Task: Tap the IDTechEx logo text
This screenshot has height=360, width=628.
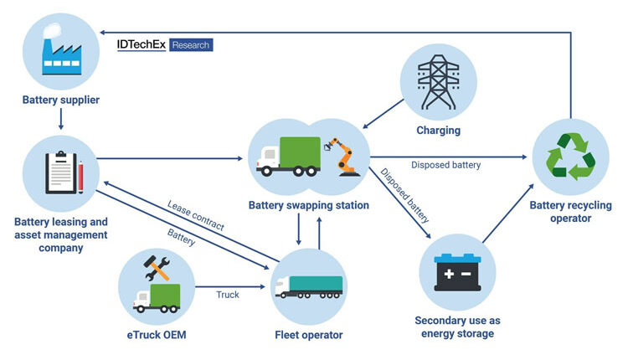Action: pyautogui.click(x=142, y=44)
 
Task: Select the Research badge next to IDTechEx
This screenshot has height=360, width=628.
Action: pyautogui.click(x=191, y=44)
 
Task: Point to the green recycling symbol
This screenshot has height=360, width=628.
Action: pyautogui.click(x=570, y=157)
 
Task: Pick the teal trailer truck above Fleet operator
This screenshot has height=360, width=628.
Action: pyautogui.click(x=309, y=287)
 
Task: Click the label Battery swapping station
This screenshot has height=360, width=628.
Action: pyautogui.click(x=309, y=205)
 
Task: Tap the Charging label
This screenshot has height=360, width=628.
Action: pyautogui.click(x=439, y=131)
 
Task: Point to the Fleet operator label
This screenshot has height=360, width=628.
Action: pyautogui.click(x=309, y=335)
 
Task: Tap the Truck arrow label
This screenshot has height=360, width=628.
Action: pyautogui.click(x=228, y=295)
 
